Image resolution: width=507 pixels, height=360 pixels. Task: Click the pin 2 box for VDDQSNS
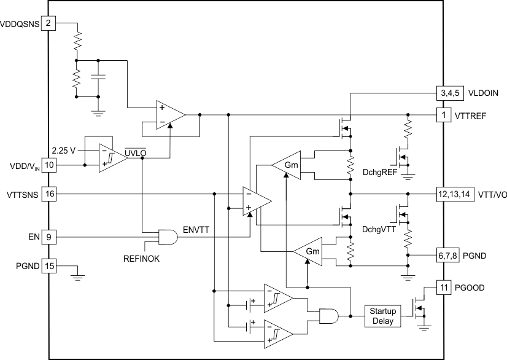point(49,24)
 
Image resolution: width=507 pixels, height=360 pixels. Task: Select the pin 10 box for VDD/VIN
point(49,165)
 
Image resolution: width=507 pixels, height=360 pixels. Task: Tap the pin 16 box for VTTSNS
point(49,194)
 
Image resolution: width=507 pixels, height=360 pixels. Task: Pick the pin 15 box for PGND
point(49,266)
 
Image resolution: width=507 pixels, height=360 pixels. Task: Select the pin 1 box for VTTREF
point(443,115)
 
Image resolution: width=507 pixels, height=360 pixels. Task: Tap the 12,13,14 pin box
point(455,194)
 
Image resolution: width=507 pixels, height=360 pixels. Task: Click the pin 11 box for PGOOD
point(443,287)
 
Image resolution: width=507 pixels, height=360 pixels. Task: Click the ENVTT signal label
point(196,229)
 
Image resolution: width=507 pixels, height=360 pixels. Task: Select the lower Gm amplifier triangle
point(308,252)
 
